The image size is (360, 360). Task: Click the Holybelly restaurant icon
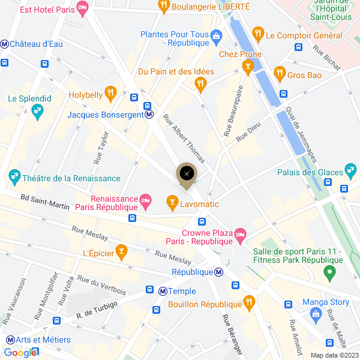[x=110, y=93]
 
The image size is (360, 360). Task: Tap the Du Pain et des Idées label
[x=176, y=71]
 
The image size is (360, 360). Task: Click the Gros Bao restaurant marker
[x=279, y=74]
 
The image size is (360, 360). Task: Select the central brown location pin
[x=187, y=174]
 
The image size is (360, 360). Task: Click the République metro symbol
[x=220, y=272]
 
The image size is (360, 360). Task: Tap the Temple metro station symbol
[x=163, y=291]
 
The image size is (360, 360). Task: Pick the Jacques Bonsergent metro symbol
[x=148, y=115]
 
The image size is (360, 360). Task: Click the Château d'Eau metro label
[x=36, y=44]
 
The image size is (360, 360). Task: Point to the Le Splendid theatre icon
[x=37, y=110]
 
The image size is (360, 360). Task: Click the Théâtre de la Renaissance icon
[x=13, y=178]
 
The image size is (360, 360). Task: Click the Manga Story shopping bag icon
[x=316, y=313]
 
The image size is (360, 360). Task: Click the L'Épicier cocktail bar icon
[x=122, y=253]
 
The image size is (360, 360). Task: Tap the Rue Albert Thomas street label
[x=184, y=138]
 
